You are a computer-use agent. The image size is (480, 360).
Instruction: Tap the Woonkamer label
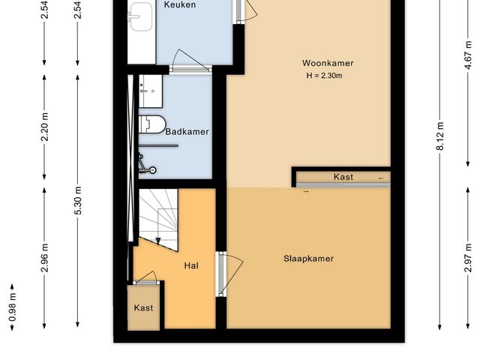pyautogui.click(x=328, y=63)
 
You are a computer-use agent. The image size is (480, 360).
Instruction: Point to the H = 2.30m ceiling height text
pyautogui.click(x=328, y=75)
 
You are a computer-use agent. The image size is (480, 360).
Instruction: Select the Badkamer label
pyautogui.click(x=187, y=131)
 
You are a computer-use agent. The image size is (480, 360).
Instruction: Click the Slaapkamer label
pyautogui.click(x=308, y=259)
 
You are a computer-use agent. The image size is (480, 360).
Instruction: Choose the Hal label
pyautogui.click(x=190, y=265)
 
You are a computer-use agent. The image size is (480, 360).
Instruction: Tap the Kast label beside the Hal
pyautogui.click(x=143, y=308)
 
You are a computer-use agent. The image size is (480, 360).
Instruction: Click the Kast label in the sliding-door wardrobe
pyautogui.click(x=343, y=178)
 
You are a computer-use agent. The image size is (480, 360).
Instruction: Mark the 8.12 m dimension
pyautogui.click(x=439, y=136)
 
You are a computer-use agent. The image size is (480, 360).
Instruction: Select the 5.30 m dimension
pyautogui.click(x=77, y=200)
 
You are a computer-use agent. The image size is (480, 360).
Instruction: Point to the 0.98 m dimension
pyautogui.click(x=12, y=306)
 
